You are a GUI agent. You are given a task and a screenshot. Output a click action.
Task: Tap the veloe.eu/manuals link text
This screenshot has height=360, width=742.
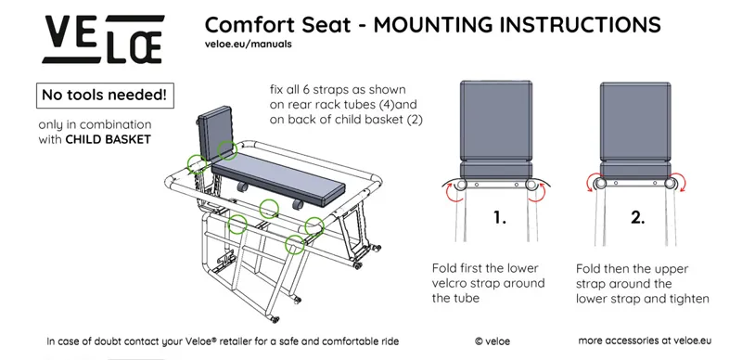click(x=249, y=44)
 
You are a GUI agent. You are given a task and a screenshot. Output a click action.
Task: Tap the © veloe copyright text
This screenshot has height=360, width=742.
click(x=492, y=341)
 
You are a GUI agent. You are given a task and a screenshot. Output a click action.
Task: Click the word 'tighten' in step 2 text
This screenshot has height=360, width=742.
click(x=688, y=299)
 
